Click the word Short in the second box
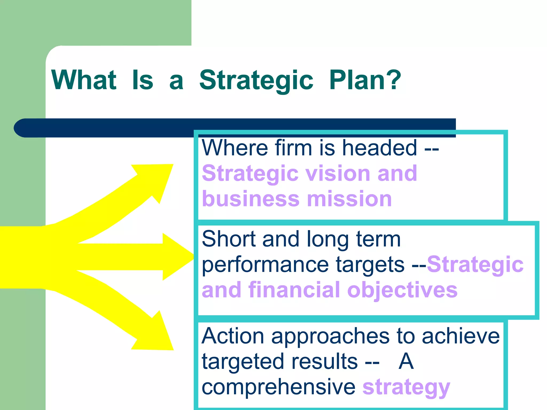228,239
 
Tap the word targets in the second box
370,265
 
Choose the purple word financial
294,290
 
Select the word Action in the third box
233,336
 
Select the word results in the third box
324,361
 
